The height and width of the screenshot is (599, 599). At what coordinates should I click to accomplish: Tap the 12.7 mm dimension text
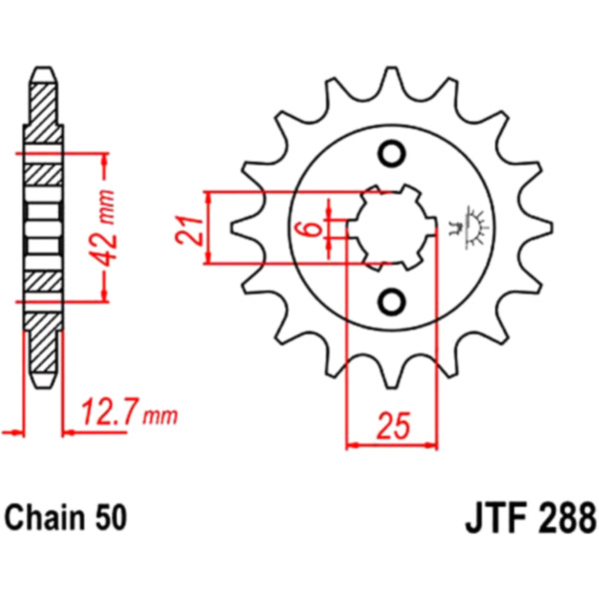click(x=130, y=412)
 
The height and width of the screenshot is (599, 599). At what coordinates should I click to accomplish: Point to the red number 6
click(x=312, y=229)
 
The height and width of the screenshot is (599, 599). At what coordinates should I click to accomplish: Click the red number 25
click(x=393, y=425)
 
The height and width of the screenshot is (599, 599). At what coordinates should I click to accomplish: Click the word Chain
click(x=45, y=517)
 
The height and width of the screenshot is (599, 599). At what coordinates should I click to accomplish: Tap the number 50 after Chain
click(x=111, y=518)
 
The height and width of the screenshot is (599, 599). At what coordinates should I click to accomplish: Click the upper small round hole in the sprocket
click(x=391, y=154)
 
